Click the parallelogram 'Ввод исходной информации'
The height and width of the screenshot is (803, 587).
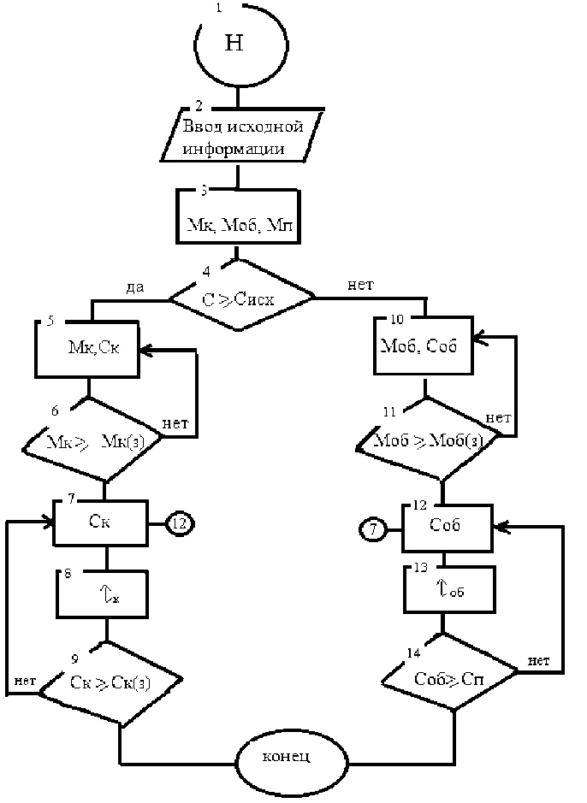click(x=243, y=137)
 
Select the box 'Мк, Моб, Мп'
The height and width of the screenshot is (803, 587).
click(x=242, y=220)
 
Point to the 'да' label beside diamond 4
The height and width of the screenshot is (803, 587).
click(x=134, y=288)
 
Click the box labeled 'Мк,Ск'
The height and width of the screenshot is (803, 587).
click(x=87, y=349)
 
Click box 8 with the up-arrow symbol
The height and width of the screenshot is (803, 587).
click(x=104, y=592)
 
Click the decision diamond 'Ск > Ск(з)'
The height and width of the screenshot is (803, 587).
click(x=111, y=683)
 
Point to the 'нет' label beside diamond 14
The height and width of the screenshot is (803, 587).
click(x=538, y=659)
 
